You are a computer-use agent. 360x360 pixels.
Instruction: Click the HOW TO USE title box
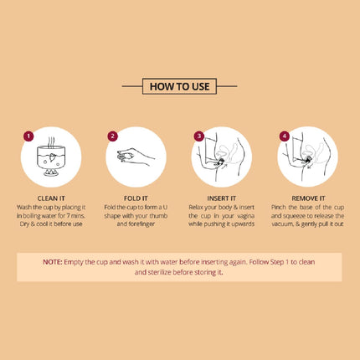[179, 86]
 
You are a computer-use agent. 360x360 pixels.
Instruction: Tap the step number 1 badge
[28, 136]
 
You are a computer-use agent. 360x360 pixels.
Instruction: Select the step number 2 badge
[112, 136]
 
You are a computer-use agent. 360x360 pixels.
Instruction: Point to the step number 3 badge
[199, 136]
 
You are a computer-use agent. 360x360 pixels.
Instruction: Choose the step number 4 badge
[285, 136]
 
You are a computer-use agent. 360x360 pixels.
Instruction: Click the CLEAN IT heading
[51, 198]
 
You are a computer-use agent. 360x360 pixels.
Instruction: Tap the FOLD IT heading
[136, 198]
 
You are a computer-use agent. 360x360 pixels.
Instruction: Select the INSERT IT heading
[222, 198]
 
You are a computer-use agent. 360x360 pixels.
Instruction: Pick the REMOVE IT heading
[308, 198]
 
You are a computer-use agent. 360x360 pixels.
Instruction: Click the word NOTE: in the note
[53, 262]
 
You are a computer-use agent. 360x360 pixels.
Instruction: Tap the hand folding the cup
[136, 157]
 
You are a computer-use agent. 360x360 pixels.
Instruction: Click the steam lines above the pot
[51, 141]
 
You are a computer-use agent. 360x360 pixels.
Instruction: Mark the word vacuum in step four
[282, 224]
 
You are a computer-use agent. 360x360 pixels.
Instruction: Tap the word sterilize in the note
[159, 272]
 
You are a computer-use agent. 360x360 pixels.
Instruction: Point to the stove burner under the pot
[51, 172]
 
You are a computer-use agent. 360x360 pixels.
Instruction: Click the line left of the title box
[132, 86]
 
